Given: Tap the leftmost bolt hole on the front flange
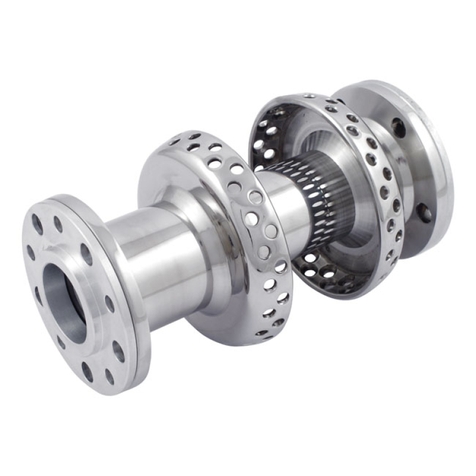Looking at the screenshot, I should pos(30,252).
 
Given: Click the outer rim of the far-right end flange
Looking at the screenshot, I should pos(443,178).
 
